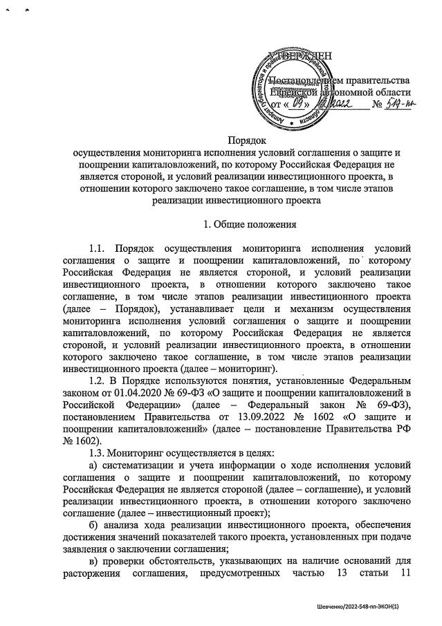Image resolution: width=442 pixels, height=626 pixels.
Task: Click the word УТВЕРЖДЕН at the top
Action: pos(299,57)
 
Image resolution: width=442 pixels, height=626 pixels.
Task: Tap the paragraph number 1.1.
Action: pos(102,247)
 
